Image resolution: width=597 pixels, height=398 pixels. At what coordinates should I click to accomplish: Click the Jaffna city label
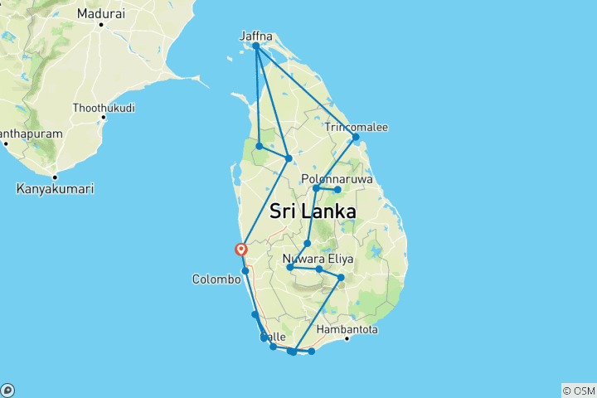255,36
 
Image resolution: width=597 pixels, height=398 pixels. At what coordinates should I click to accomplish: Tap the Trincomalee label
357,127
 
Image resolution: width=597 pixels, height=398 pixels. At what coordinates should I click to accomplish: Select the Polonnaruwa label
337,179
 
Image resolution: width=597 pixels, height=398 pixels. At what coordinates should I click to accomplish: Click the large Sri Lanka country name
313,211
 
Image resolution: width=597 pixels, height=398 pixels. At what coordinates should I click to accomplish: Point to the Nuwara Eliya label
318,259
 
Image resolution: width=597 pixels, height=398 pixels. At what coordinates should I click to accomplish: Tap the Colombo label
216,279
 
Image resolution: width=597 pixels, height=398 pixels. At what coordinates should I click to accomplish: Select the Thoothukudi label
104,108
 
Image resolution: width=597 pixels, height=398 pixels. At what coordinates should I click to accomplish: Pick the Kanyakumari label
55,189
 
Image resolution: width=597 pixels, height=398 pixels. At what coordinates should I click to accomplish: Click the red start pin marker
241,248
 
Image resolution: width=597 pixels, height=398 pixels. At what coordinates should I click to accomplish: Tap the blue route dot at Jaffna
256,46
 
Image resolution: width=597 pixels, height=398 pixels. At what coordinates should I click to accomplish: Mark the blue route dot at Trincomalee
355,137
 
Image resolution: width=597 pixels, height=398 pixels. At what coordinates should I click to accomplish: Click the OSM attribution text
578,391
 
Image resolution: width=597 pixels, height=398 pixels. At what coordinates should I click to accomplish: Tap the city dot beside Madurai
100,24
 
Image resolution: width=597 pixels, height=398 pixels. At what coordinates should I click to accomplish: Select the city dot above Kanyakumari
55,177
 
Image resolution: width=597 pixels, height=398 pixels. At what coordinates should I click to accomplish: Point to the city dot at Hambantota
346,338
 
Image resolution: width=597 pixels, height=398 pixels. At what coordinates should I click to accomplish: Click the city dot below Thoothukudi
104,118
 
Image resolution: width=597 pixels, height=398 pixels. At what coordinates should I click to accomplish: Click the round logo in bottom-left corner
7,390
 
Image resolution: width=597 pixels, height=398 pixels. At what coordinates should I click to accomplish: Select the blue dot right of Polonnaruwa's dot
337,190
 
